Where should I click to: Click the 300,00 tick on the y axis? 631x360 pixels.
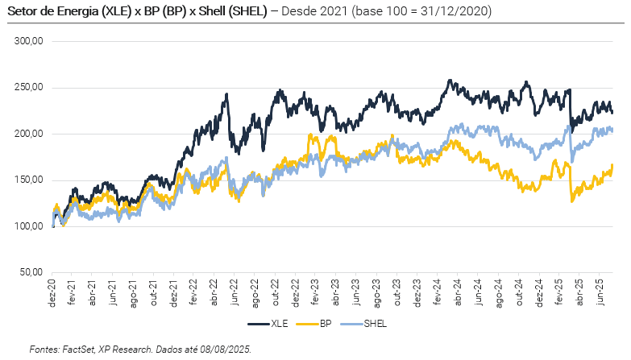click(x=29, y=41)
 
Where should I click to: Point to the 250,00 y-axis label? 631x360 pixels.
click(x=29, y=88)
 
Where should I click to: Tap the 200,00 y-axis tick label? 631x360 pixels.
click(x=29, y=134)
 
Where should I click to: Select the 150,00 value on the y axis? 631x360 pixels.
click(x=29, y=180)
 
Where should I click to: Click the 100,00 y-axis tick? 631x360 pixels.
click(x=29, y=226)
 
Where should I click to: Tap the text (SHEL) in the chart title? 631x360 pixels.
click(x=247, y=13)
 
